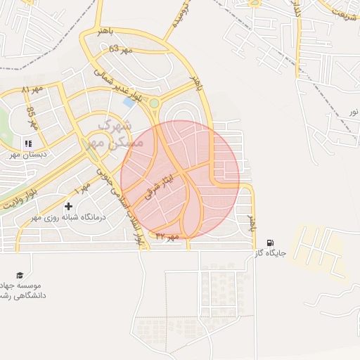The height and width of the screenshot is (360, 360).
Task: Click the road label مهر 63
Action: pos(121,49)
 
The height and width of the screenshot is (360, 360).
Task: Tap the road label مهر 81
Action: pos(32,90)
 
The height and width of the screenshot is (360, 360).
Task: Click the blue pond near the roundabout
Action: pos(129,102)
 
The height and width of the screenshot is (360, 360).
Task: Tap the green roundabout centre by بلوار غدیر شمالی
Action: pos(154,103)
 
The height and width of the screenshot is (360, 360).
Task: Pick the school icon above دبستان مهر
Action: pos(29,143)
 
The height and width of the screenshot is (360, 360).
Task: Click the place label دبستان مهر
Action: pos(29,153)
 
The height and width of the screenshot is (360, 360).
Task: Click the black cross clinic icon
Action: pos(68,206)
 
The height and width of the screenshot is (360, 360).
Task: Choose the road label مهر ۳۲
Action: pos(167,236)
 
